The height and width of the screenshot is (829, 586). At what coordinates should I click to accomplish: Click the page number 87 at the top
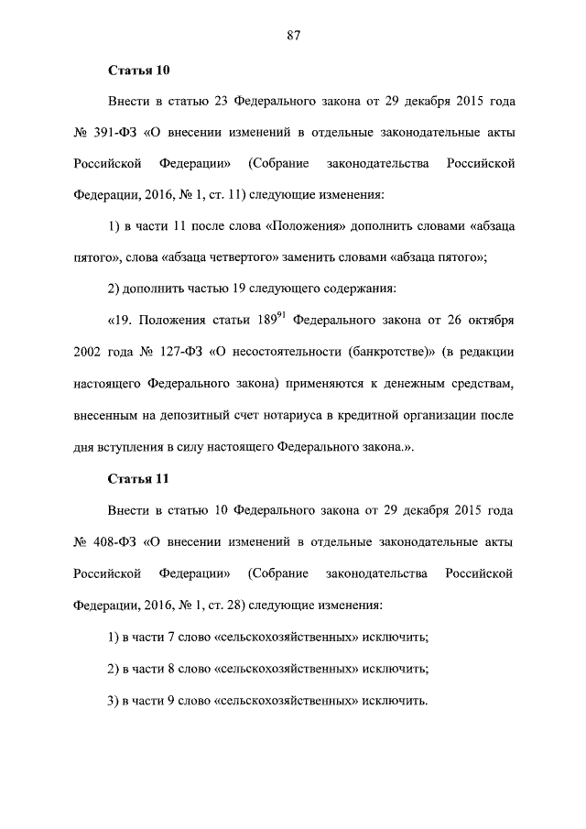(x=293, y=36)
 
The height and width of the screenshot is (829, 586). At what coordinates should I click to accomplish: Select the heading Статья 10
(x=139, y=70)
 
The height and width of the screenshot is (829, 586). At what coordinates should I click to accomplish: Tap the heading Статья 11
(x=139, y=479)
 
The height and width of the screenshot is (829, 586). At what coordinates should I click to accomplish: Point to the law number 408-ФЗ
(x=114, y=542)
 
